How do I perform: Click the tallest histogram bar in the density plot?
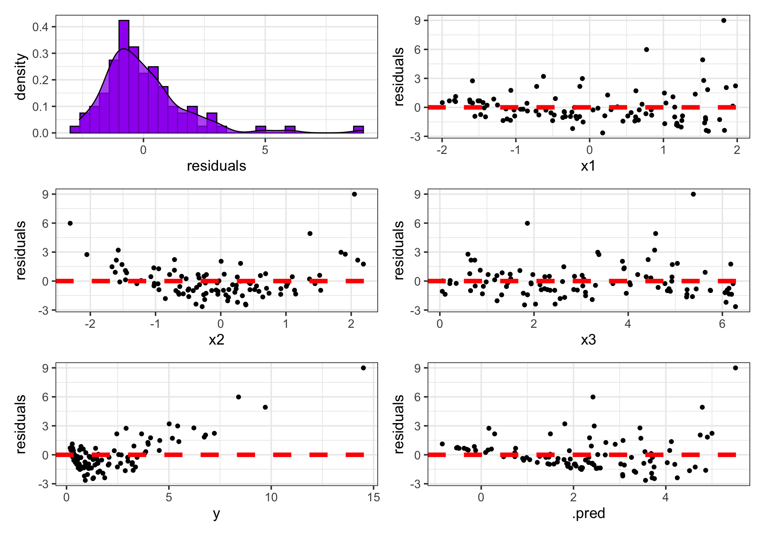pyautogui.click(x=124, y=76)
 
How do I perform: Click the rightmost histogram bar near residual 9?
pyautogui.click(x=358, y=130)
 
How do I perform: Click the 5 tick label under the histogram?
pyautogui.click(x=265, y=150)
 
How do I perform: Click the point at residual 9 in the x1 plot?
pyautogui.click(x=724, y=21)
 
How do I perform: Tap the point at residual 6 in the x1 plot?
pyautogui.click(x=646, y=49)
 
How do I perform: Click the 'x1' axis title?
pyautogui.click(x=588, y=166)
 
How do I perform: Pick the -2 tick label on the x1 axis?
pyautogui.click(x=442, y=150)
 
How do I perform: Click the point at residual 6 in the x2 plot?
pyautogui.click(x=70, y=223)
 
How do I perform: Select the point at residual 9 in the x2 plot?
pyautogui.click(x=354, y=194)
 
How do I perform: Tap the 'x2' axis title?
pyautogui.click(x=216, y=340)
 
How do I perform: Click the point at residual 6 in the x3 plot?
pyautogui.click(x=527, y=223)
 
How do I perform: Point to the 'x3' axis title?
pyautogui.click(x=588, y=340)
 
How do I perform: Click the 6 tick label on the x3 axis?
pyautogui.click(x=722, y=324)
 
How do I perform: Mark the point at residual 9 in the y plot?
pyautogui.click(x=363, y=368)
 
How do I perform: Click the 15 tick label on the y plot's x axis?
pyautogui.click(x=374, y=498)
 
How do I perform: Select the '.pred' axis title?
pyautogui.click(x=588, y=513)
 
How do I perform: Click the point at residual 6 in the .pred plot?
pyautogui.click(x=593, y=397)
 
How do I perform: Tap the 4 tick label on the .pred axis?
pyautogui.click(x=665, y=498)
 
